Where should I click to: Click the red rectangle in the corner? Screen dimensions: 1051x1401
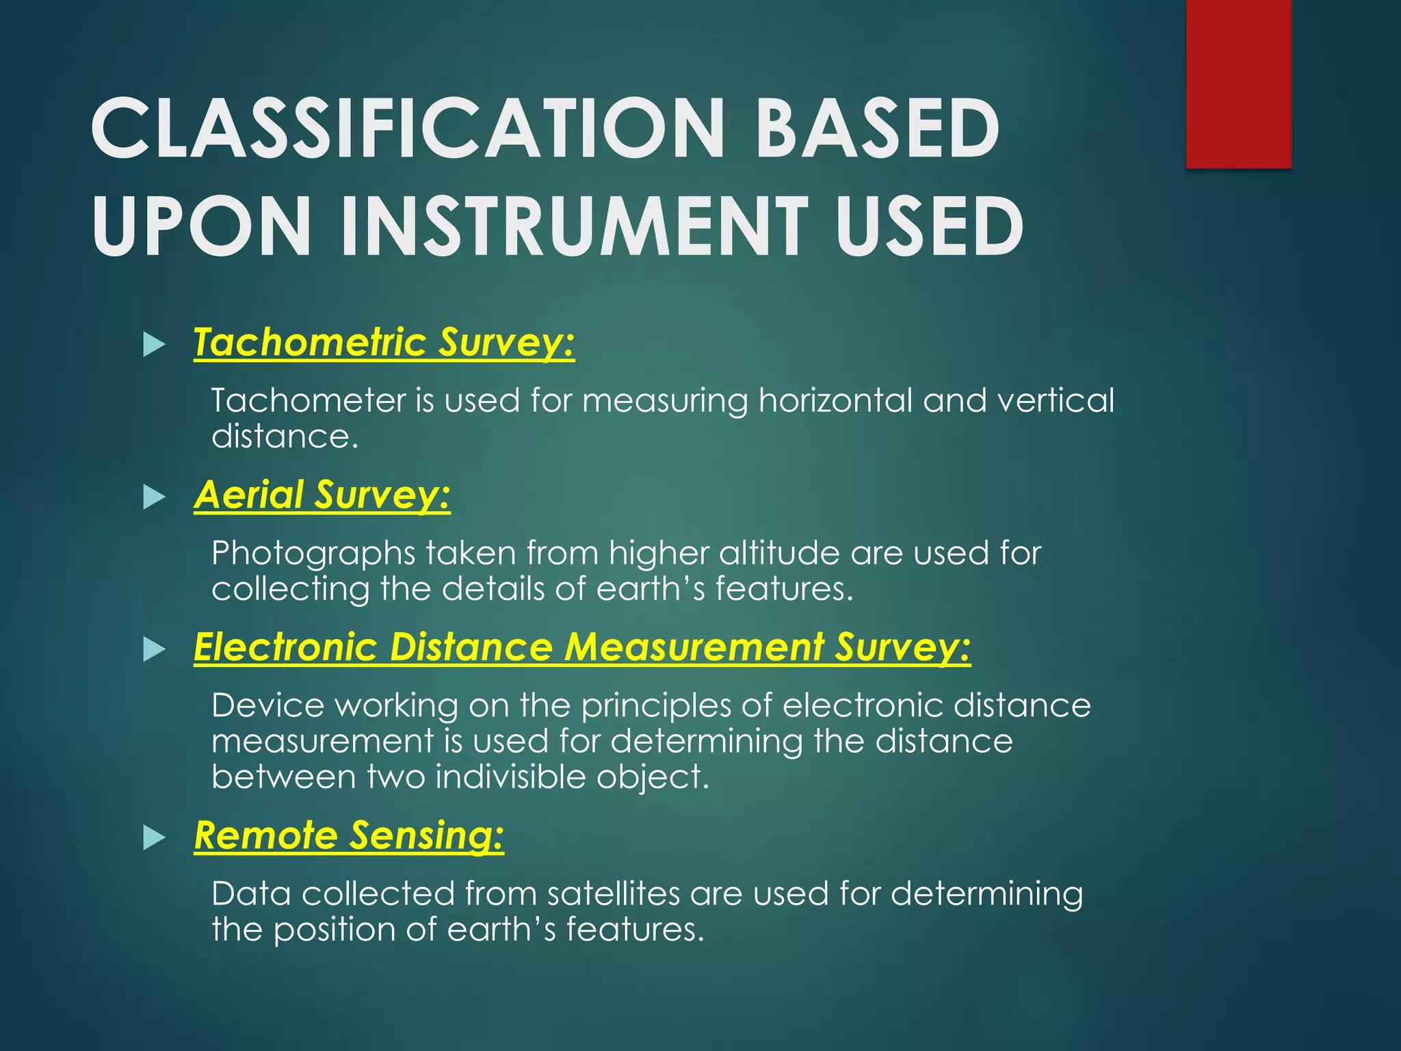[x=1238, y=83]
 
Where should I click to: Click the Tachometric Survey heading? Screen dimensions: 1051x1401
[x=384, y=342]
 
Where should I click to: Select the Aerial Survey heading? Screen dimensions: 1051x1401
[x=322, y=495]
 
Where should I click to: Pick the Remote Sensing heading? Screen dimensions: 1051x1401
[x=349, y=835]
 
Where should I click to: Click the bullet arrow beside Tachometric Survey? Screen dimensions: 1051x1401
[x=155, y=345]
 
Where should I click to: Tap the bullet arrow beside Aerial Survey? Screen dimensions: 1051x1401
[x=155, y=497]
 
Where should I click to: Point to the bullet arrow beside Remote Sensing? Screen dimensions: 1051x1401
[x=155, y=838]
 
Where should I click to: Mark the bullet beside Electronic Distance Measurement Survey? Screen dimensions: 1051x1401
[x=155, y=649]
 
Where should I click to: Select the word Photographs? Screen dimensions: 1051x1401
[x=313, y=554]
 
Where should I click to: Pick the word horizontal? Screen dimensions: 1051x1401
[x=835, y=400]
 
